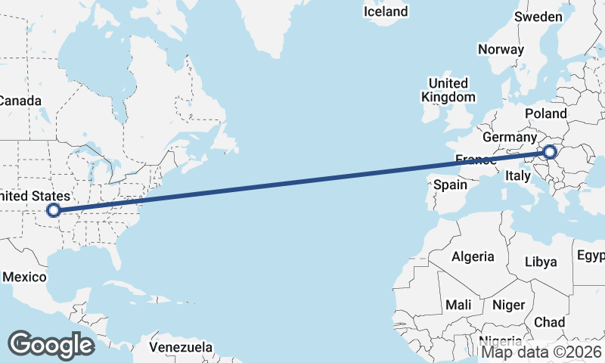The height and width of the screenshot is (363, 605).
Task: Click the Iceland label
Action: [x=385, y=11]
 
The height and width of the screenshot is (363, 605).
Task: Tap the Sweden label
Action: [x=538, y=17]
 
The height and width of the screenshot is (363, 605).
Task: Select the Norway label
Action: [x=501, y=49]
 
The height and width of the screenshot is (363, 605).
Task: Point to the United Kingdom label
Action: [x=448, y=90]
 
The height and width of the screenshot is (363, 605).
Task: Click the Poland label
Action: [x=545, y=113]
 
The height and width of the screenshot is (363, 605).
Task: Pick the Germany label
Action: [x=508, y=138]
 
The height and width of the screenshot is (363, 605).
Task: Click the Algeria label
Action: [x=473, y=256]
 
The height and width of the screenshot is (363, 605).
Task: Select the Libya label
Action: [x=541, y=262]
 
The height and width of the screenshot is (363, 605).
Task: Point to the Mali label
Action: [x=458, y=305]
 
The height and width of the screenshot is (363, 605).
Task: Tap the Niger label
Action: [x=508, y=305]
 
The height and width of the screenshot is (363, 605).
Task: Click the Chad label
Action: [x=549, y=321]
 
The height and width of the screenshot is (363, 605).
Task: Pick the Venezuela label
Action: [x=180, y=347]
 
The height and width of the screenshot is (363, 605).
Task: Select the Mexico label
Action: [x=23, y=277]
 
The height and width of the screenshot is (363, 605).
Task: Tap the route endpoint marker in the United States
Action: [x=53, y=210]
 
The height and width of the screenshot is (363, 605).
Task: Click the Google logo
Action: [x=51, y=345]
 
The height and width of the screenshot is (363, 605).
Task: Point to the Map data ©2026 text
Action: [x=541, y=352]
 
